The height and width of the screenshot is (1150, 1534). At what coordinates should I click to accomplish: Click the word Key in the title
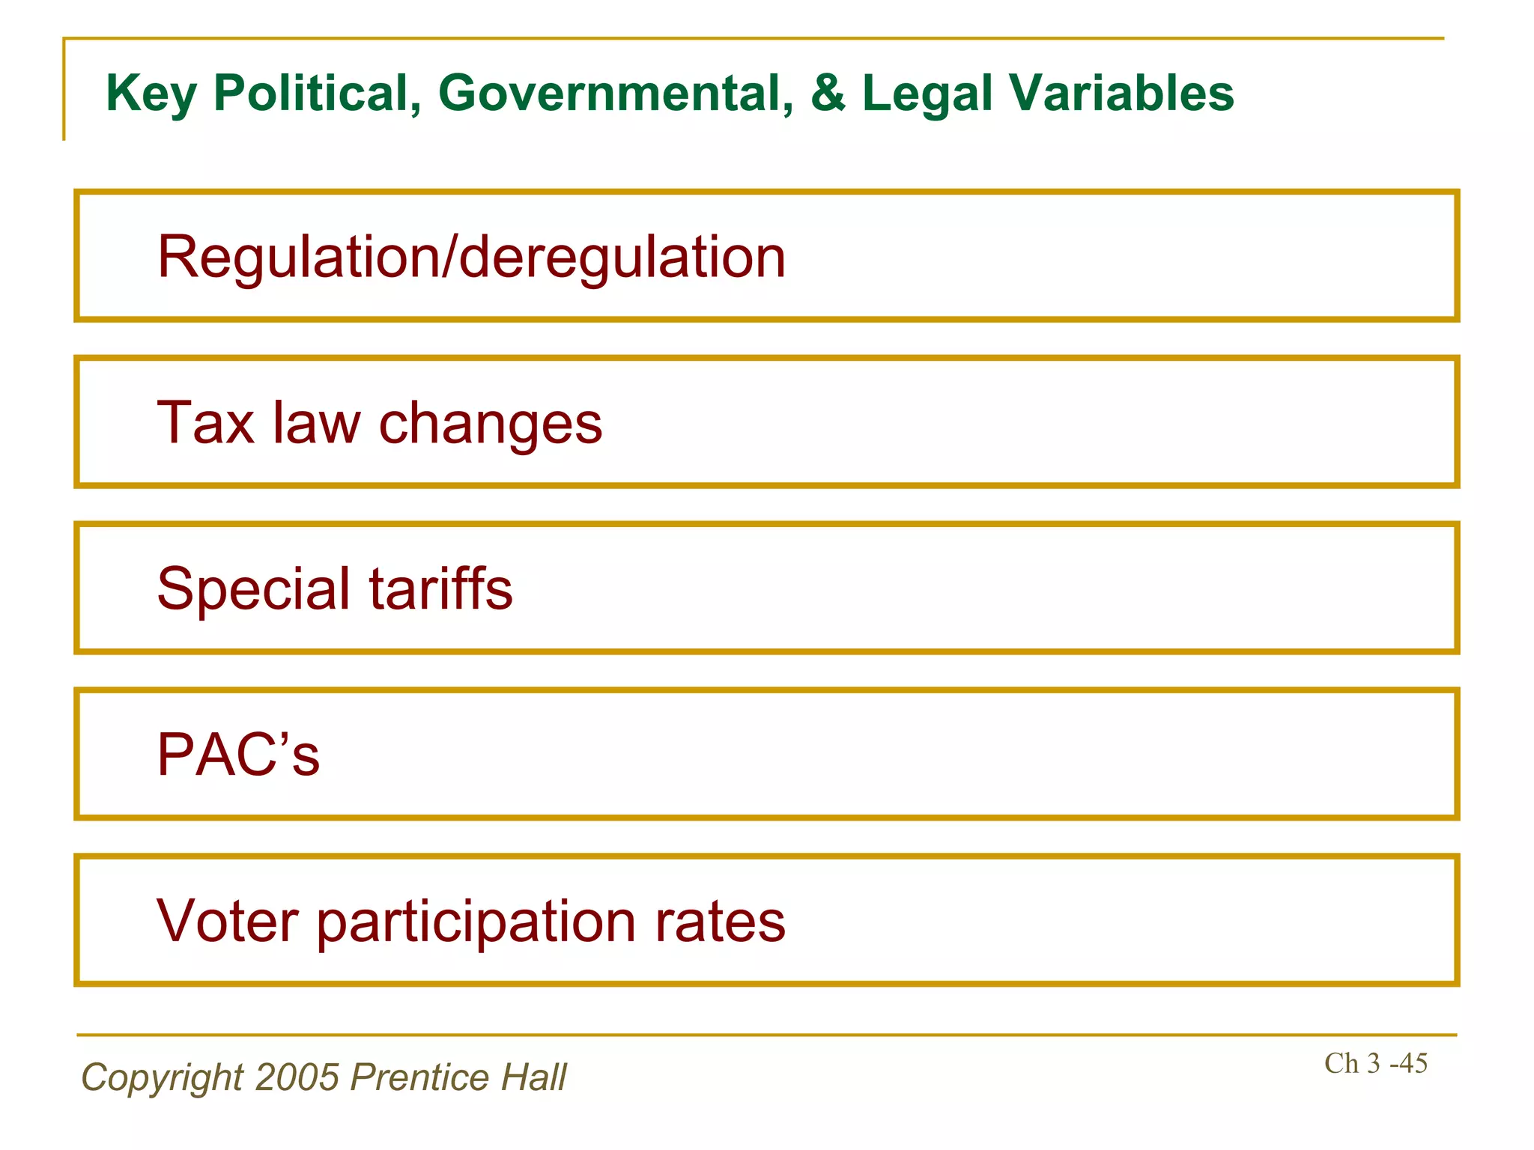pos(151,94)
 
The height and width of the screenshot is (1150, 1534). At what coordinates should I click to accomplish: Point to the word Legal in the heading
pos(927,94)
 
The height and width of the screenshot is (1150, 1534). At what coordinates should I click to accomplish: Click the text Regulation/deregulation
pos(471,258)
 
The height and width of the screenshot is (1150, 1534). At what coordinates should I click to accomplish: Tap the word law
pos(316,423)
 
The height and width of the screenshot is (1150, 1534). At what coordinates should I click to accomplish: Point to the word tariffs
pos(441,588)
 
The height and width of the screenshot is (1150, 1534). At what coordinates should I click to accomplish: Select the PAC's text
pos(238,755)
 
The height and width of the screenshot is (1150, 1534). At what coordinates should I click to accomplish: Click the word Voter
pos(228,921)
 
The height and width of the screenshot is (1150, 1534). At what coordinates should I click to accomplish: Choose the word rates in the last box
pos(721,921)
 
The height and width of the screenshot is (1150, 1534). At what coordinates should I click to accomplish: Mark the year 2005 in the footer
pos(297,1077)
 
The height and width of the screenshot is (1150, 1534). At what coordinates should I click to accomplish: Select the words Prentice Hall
pos(458,1077)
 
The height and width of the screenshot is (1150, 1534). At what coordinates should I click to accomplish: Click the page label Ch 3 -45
pos(1375,1064)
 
